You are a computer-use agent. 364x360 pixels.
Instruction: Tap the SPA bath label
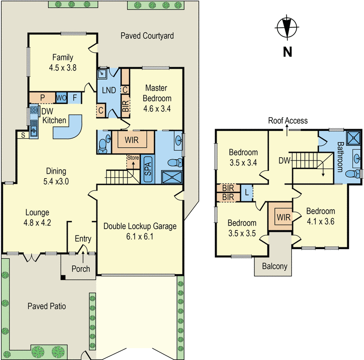coord(147,169)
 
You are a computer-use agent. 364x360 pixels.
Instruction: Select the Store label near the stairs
coord(132,157)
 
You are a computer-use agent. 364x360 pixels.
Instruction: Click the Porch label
coord(81,269)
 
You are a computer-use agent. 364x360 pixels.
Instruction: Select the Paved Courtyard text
coord(147,36)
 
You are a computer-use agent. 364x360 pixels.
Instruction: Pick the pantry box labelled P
coord(42,97)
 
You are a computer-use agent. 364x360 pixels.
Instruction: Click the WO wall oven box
coord(61,97)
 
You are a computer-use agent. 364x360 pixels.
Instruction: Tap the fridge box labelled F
coord(75,97)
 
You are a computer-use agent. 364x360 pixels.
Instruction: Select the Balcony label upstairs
coord(273,266)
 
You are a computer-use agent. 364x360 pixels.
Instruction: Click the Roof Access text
coord(288,120)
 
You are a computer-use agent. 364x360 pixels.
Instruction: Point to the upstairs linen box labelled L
coord(246,192)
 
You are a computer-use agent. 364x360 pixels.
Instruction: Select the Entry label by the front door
coord(83,239)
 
